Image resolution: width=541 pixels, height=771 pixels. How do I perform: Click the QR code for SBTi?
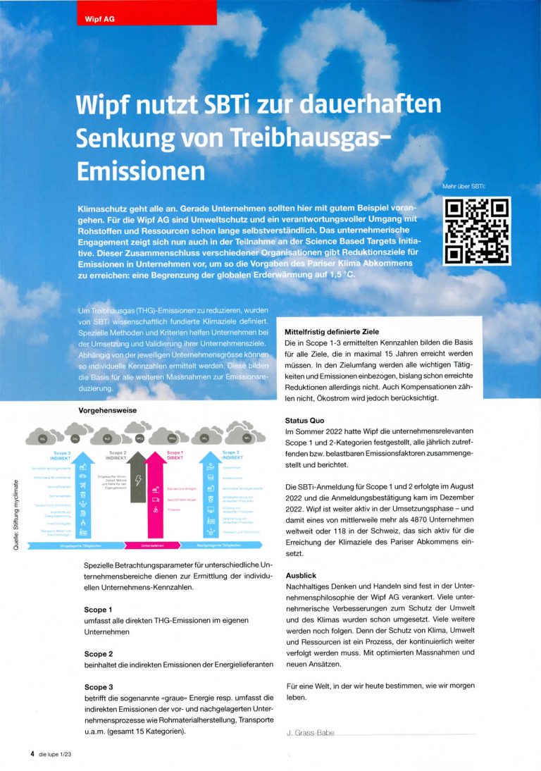coord(477,232)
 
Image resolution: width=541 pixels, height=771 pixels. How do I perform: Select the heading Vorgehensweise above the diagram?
coord(107,409)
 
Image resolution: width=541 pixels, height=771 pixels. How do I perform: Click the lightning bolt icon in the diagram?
coord(138,481)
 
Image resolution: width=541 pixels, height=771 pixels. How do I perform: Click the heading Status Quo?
coord(305,420)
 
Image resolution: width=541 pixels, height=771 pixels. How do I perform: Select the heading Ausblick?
coord(301,575)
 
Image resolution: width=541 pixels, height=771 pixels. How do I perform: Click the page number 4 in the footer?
coord(32,753)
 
